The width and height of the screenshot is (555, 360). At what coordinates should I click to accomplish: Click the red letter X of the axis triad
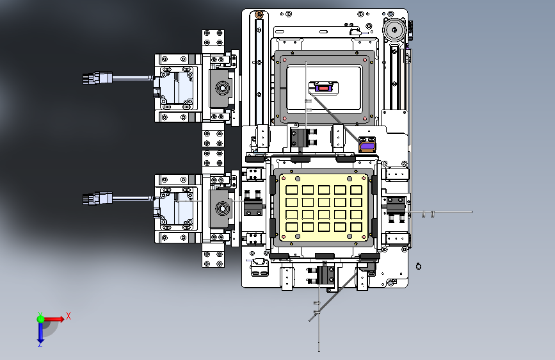(68, 316)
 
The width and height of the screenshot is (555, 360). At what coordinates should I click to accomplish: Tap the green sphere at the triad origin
(41, 319)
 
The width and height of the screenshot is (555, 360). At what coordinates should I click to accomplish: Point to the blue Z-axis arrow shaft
(40, 331)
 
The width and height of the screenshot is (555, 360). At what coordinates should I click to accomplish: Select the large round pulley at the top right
(394, 30)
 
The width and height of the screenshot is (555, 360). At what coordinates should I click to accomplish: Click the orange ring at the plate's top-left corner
(259, 15)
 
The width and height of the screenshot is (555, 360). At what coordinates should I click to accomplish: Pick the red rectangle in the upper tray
(323, 88)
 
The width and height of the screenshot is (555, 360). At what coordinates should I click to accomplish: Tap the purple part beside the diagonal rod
(367, 146)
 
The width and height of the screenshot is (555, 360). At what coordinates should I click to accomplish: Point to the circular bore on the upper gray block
(222, 88)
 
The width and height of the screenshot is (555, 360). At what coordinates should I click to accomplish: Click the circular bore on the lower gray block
(222, 208)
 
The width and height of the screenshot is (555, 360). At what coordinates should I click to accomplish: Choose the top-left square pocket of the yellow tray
(291, 190)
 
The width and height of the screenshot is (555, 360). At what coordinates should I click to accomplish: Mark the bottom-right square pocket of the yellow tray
(356, 227)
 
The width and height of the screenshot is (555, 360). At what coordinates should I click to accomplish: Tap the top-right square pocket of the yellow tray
(356, 190)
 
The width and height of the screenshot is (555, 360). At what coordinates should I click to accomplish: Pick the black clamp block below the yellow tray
(325, 275)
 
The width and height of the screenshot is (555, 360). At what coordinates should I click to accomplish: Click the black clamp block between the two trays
(299, 138)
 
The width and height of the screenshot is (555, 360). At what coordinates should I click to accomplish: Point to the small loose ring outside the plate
(419, 266)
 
